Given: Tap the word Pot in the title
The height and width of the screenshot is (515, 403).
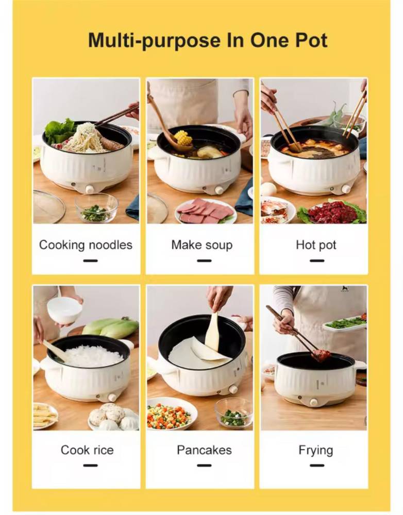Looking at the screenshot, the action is [x=311, y=40].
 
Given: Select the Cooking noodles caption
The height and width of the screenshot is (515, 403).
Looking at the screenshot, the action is [x=86, y=245].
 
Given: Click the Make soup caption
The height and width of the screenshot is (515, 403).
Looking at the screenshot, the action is [x=202, y=245].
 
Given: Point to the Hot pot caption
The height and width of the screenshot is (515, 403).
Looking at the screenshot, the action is [x=316, y=245].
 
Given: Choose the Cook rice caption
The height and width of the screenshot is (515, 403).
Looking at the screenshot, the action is [x=87, y=450].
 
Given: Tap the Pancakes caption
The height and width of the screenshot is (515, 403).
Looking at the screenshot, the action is [x=204, y=450].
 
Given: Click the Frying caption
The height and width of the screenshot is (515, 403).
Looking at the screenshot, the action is [x=315, y=450].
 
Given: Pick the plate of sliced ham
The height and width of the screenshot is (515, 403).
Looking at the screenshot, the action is [x=206, y=211].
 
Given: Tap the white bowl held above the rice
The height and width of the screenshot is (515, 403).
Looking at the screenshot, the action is [x=64, y=310].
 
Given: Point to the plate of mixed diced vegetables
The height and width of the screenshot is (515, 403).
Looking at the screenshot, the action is [x=170, y=414].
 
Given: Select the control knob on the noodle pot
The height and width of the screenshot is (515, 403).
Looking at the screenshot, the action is [x=90, y=189].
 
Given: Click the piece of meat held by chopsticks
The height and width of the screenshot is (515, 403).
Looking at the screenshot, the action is [x=321, y=355].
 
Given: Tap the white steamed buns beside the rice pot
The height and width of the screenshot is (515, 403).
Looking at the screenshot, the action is [x=112, y=417].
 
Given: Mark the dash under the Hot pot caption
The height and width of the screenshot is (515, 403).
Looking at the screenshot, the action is [x=317, y=261].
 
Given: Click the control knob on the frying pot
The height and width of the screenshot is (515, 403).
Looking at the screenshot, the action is [x=314, y=402].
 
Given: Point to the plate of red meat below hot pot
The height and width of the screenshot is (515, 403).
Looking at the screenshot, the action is [x=332, y=212].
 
